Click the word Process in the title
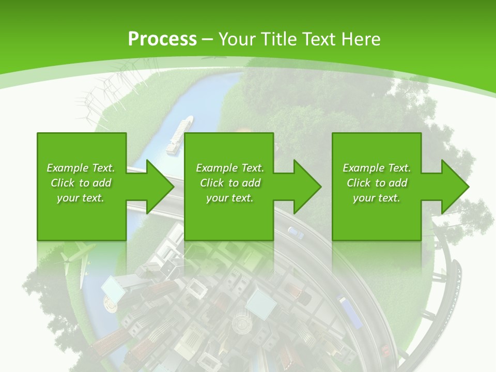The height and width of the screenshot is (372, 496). [x=162, y=39]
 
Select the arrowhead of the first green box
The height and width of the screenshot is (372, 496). [x=160, y=187]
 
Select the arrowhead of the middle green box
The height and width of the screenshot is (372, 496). [x=307, y=187]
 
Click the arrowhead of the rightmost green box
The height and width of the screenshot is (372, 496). [x=455, y=187]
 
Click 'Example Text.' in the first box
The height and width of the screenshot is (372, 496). [x=81, y=168]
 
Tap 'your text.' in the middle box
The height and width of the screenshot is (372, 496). [x=229, y=198]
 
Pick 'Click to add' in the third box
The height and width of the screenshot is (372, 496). [x=377, y=183]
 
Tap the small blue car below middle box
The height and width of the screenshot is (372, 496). [x=296, y=233]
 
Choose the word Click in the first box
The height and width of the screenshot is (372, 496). [x=63, y=183]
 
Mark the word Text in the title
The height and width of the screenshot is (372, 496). [x=317, y=39]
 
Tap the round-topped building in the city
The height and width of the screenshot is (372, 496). [x=241, y=324]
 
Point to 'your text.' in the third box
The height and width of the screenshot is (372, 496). [x=377, y=198]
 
